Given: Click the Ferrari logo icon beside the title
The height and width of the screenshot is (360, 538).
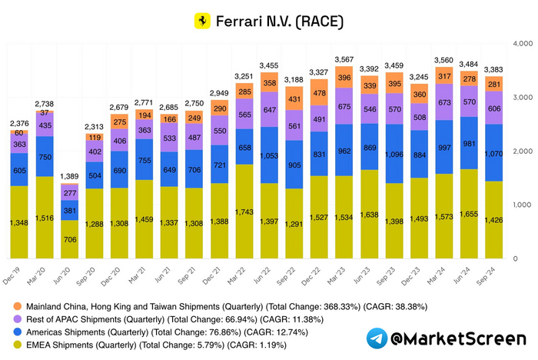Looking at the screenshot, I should tap(202, 20).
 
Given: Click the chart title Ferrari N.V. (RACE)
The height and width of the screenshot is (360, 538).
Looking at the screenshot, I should tap(280, 20).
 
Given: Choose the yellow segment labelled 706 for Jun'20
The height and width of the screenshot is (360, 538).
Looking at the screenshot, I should tap(69, 239).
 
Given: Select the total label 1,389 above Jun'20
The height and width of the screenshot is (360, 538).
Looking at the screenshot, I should tap(70, 177).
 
